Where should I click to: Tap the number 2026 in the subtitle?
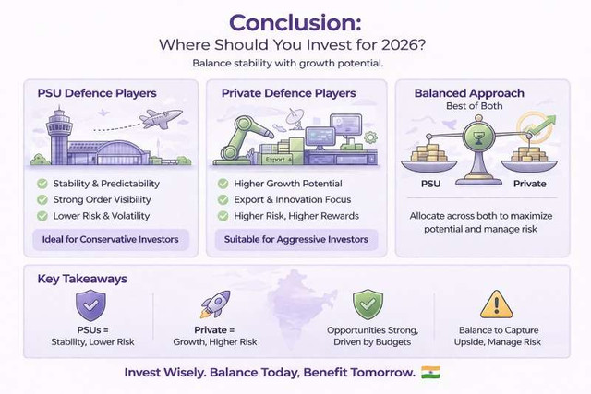point(404,45)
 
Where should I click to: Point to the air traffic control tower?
point(59,136)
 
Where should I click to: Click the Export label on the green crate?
point(275,160)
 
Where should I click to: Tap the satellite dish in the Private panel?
point(295,117)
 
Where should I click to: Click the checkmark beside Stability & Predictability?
point(42,184)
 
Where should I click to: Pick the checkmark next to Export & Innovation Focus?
point(223,199)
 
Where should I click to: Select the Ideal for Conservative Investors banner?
point(111,240)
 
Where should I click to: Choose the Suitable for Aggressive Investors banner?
point(296,240)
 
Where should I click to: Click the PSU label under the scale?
point(430,184)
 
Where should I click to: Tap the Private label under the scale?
point(529,184)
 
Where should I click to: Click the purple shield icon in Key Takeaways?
point(90,305)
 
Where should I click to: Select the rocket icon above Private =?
point(215,304)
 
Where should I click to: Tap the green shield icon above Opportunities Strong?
point(368,304)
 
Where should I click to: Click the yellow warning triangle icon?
point(497,304)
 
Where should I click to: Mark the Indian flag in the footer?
point(431,372)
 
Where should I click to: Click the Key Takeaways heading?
point(82,279)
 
